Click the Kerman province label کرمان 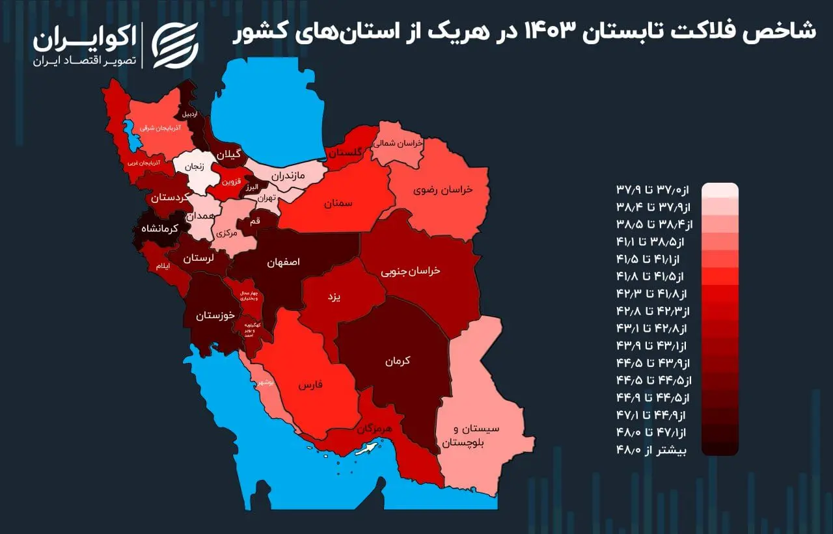397,360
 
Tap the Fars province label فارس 311,385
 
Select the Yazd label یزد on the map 334,297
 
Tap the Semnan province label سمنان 338,204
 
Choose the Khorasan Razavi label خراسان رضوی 443,190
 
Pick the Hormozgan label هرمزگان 374,430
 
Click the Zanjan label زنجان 195,166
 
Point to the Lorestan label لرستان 197,258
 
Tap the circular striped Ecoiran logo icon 175,45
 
